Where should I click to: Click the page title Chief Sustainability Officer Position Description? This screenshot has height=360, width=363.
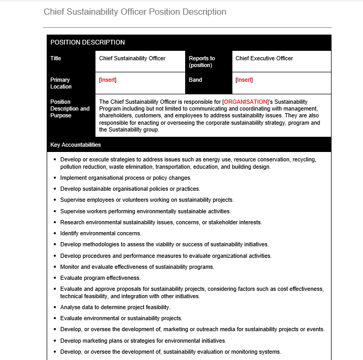click(135, 12)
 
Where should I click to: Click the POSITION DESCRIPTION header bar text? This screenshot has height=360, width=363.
click(87, 42)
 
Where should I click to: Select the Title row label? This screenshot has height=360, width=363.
click(56, 58)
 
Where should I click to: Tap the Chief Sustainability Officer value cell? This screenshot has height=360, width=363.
click(132, 58)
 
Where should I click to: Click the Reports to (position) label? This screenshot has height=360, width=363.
click(202, 62)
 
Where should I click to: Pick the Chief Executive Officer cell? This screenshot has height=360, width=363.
click(264, 58)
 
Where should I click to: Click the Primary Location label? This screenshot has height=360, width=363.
click(61, 83)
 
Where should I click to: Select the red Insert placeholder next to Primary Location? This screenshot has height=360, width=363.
click(108, 80)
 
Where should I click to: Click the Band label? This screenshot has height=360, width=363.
click(195, 80)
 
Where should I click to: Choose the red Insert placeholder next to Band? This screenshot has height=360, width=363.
click(244, 80)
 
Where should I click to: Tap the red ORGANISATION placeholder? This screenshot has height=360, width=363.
click(245, 102)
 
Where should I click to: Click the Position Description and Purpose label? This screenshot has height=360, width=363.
click(70, 108)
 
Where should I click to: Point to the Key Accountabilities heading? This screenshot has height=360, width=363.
click(76, 145)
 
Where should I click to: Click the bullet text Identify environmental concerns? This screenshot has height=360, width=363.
click(101, 233)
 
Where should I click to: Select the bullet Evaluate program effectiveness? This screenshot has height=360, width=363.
click(100, 278)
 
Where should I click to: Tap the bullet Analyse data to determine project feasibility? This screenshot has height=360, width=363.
click(115, 307)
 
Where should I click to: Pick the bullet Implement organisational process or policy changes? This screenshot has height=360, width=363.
click(125, 178)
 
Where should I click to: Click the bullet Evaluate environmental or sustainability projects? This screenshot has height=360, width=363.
click(121, 318)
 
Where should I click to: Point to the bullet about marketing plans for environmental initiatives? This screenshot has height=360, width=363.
click(143, 341)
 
